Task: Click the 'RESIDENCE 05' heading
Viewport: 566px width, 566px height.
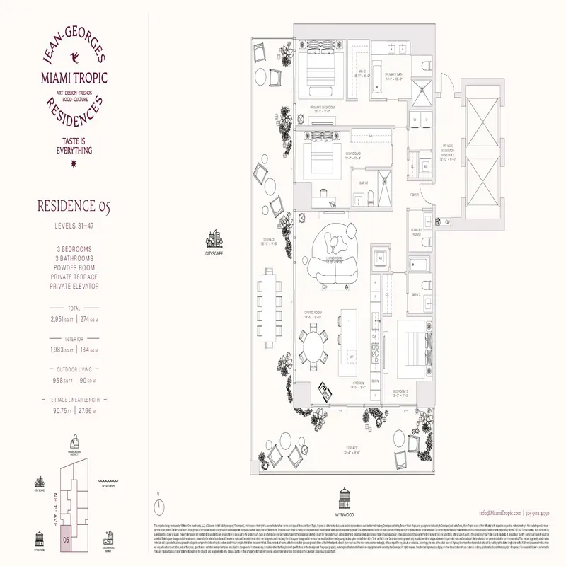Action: click(74, 207)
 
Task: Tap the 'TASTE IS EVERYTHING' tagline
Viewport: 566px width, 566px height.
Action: click(74, 146)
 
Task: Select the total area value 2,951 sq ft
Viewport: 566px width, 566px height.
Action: click(61, 319)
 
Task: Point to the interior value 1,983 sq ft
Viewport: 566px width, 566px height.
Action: click(61, 350)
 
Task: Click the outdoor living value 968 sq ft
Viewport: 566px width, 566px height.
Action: click(62, 380)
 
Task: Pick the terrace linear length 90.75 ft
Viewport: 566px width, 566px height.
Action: click(62, 410)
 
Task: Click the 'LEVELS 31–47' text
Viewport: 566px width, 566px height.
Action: click(74, 226)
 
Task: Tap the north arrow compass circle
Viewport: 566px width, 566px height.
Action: click(161, 507)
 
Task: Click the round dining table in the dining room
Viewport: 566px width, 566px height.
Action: click(313, 348)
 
